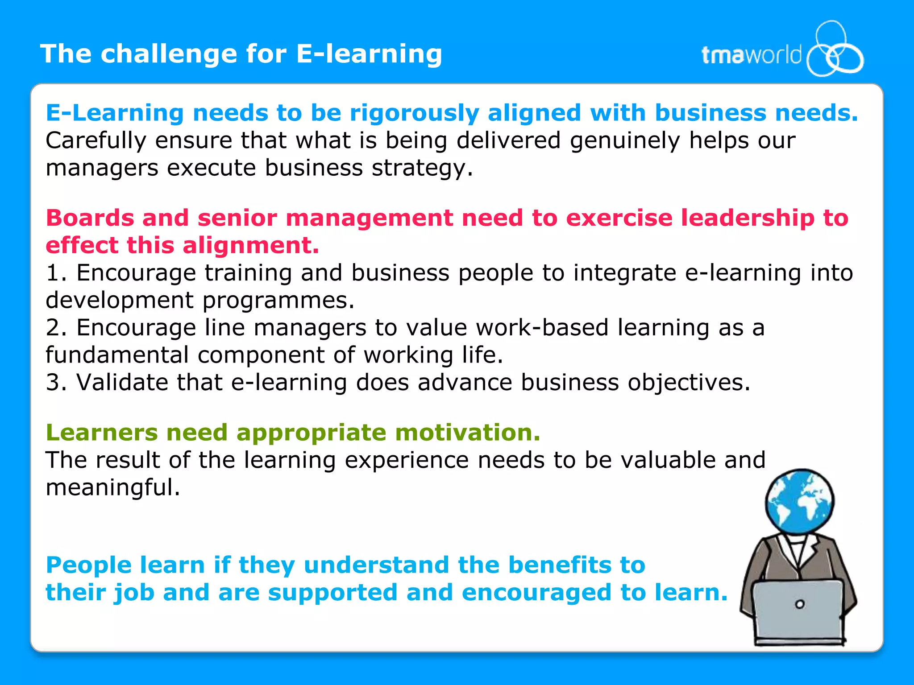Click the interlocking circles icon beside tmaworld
[834, 50]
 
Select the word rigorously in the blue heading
[414, 112]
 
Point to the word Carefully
[96, 140]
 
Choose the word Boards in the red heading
[90, 218]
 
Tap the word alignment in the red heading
[250, 245]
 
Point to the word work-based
[542, 327]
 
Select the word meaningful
[112, 487]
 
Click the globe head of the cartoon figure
[799, 501]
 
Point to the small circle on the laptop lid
[800, 604]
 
